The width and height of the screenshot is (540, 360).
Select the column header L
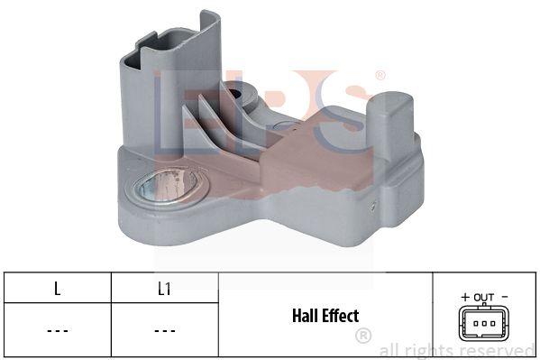click(x=57, y=289)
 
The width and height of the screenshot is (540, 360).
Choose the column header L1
click(x=164, y=289)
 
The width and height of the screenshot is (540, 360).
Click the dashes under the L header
click(x=57, y=331)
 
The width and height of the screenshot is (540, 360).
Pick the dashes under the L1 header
click(x=165, y=331)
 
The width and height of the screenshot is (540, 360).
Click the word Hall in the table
click(x=304, y=316)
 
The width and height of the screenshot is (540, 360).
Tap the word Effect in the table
click(x=340, y=316)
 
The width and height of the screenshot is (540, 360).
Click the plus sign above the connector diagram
click(x=465, y=297)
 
